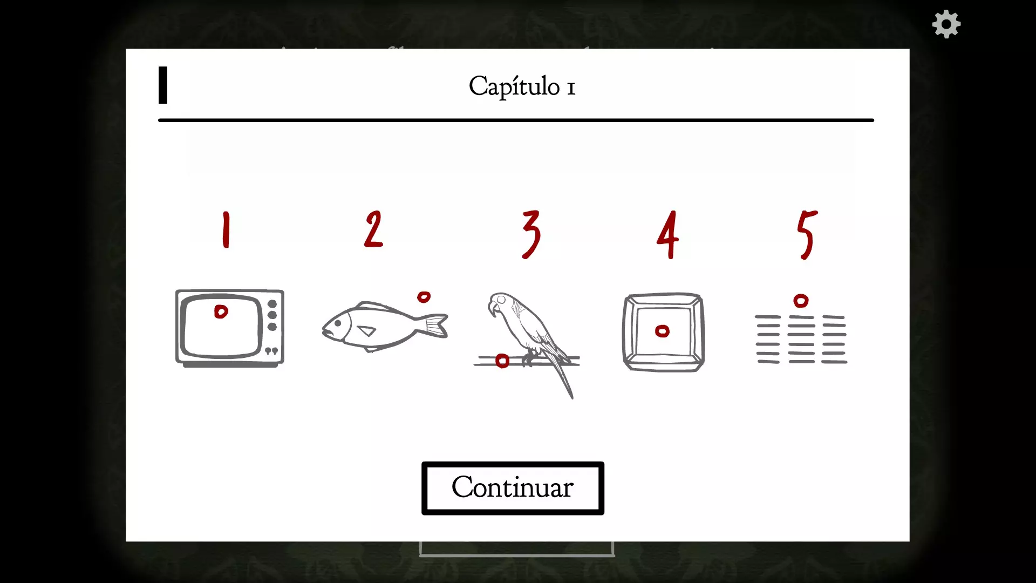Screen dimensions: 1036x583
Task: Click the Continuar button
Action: pos(513,488)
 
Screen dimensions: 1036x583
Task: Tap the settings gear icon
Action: pos(946,24)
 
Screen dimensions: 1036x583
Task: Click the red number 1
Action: pos(226,229)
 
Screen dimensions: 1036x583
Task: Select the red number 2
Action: pos(373,229)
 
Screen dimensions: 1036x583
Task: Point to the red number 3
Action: pos(531,234)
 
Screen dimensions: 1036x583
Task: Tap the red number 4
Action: pos(668,234)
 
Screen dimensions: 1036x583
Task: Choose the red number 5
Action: pos(807,235)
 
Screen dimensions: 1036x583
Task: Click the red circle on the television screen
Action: pos(221,311)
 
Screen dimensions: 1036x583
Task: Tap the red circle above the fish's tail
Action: pos(424,297)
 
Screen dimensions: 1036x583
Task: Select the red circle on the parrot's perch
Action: pos(502,361)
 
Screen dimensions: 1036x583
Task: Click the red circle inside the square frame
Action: pos(662,331)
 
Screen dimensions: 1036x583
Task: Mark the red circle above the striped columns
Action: pos(801,301)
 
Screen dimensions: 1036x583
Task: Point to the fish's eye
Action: pos(338,323)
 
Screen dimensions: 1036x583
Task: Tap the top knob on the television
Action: pos(272,304)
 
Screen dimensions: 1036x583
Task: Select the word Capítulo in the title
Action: pos(514,86)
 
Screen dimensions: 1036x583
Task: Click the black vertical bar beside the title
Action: pos(163,85)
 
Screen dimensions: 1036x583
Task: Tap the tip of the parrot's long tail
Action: pos(572,398)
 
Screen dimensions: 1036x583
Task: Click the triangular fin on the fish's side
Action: pos(367,330)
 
